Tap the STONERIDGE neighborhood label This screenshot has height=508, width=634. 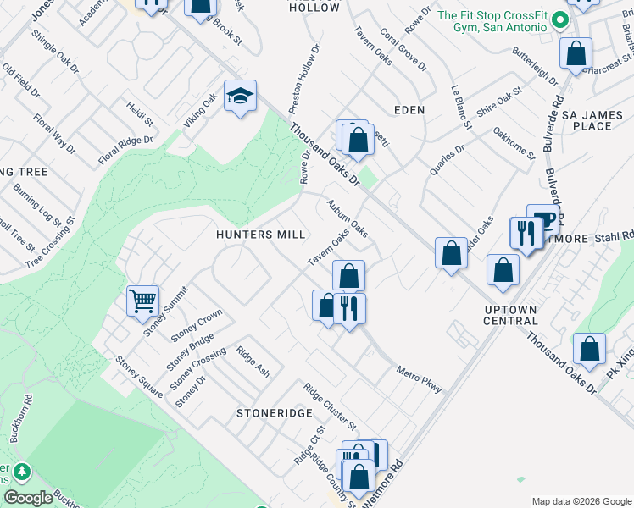[274, 412]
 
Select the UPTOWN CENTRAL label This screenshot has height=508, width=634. [511, 315]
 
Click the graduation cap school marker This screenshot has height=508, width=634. [240, 98]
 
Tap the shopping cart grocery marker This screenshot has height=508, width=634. [142, 301]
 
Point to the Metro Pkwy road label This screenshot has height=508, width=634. [420, 379]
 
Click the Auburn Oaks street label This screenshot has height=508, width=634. [348, 218]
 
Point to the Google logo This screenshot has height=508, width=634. [28, 498]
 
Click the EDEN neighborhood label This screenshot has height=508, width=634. [408, 110]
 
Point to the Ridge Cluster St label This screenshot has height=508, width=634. [330, 405]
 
